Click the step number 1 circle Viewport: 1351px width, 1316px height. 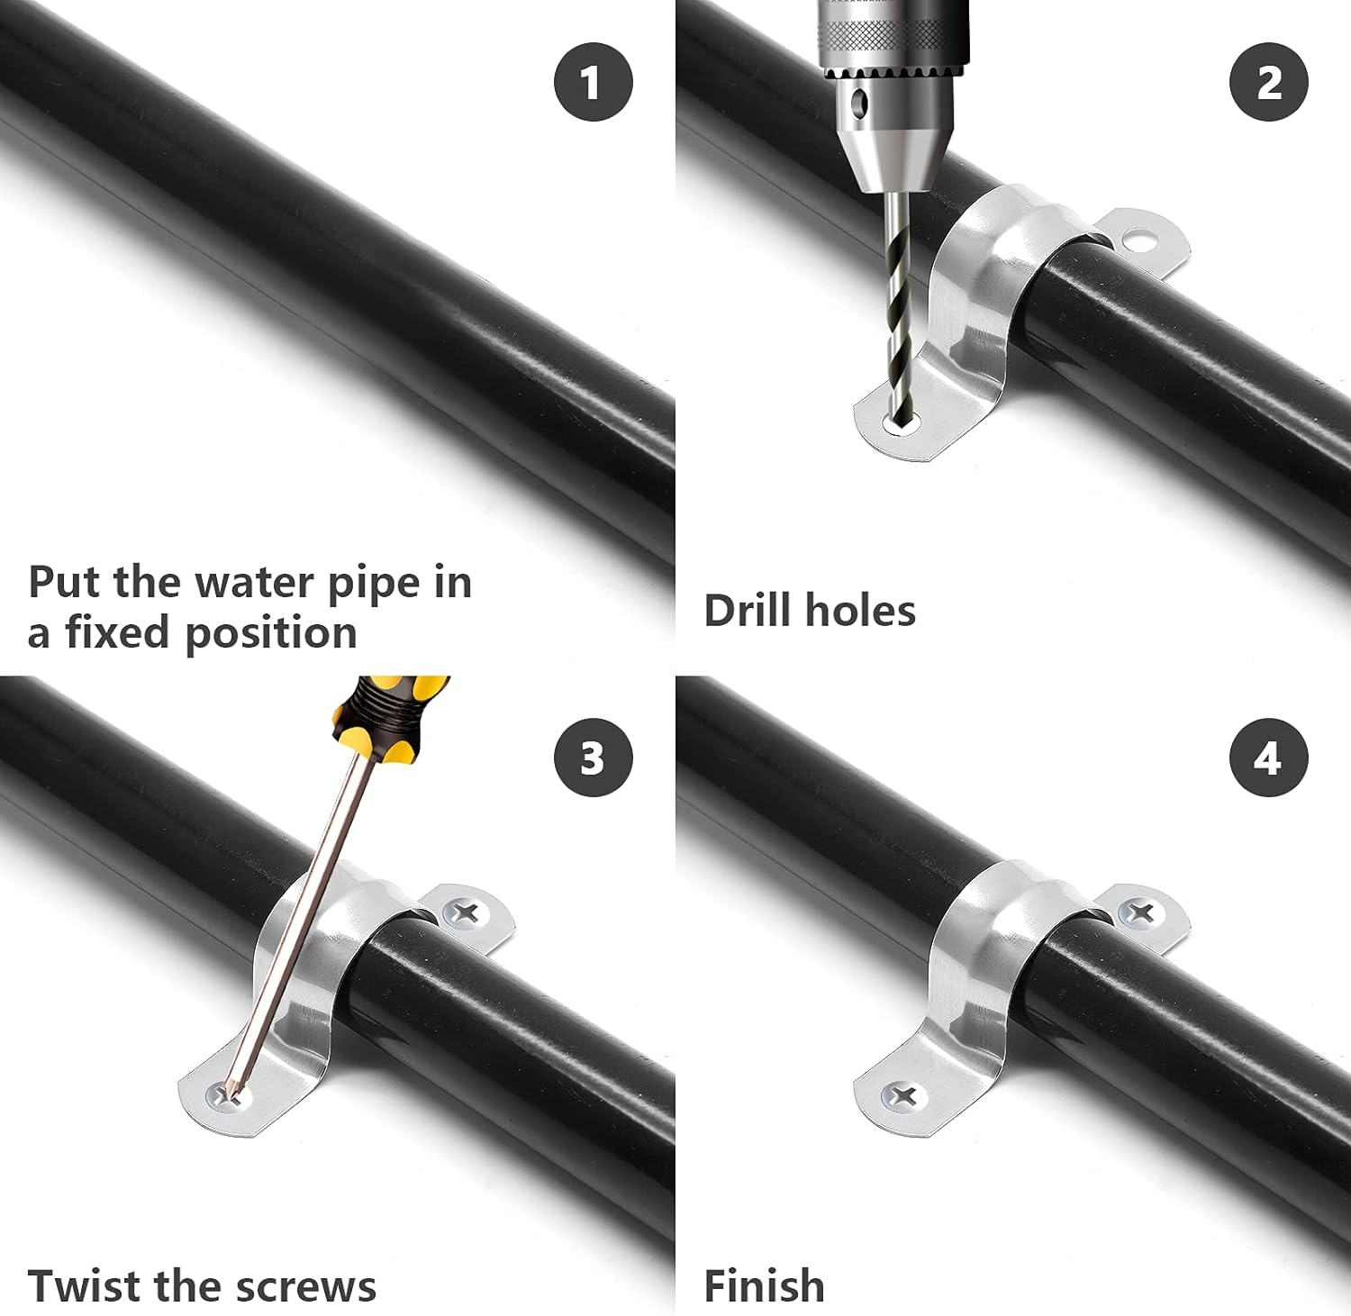(x=593, y=82)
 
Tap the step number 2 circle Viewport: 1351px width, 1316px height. (x=1268, y=82)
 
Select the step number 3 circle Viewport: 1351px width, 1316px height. (x=593, y=758)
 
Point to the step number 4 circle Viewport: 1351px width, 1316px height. (x=1268, y=758)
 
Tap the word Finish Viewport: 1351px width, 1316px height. (x=764, y=1285)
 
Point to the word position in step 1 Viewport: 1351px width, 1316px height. (x=270, y=633)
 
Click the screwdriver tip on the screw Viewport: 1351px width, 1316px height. (x=232, y=1093)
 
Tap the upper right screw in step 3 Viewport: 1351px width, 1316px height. (x=466, y=913)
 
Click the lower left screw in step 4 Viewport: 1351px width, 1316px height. (x=903, y=1096)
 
